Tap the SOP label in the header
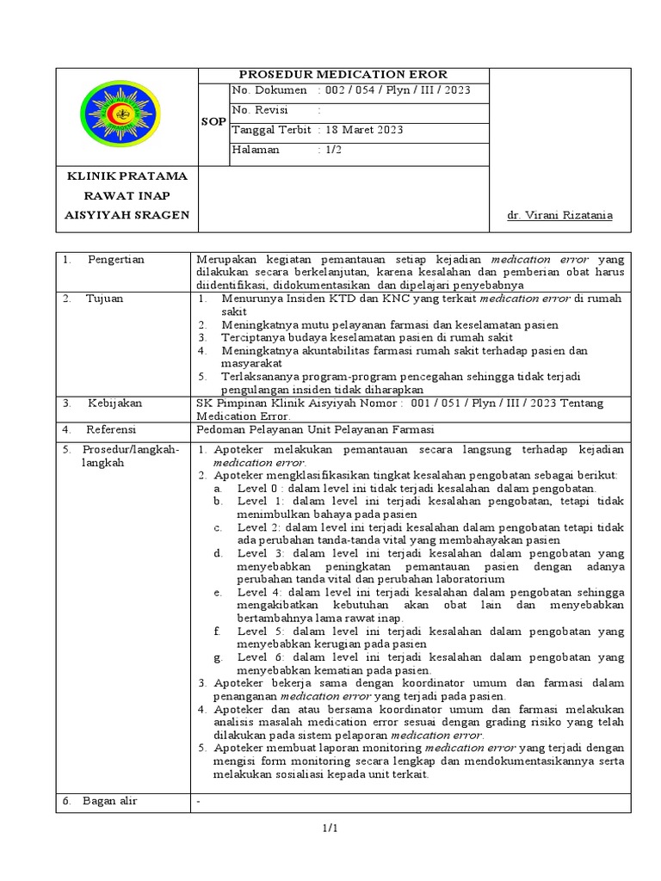213,122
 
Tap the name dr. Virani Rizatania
559,215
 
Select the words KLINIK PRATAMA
127,176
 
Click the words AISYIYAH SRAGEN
127,214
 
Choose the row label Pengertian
115,259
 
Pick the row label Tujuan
104,299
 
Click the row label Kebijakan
114,403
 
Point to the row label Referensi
112,428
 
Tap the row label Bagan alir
109,801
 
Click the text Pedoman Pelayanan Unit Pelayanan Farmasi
315,429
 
